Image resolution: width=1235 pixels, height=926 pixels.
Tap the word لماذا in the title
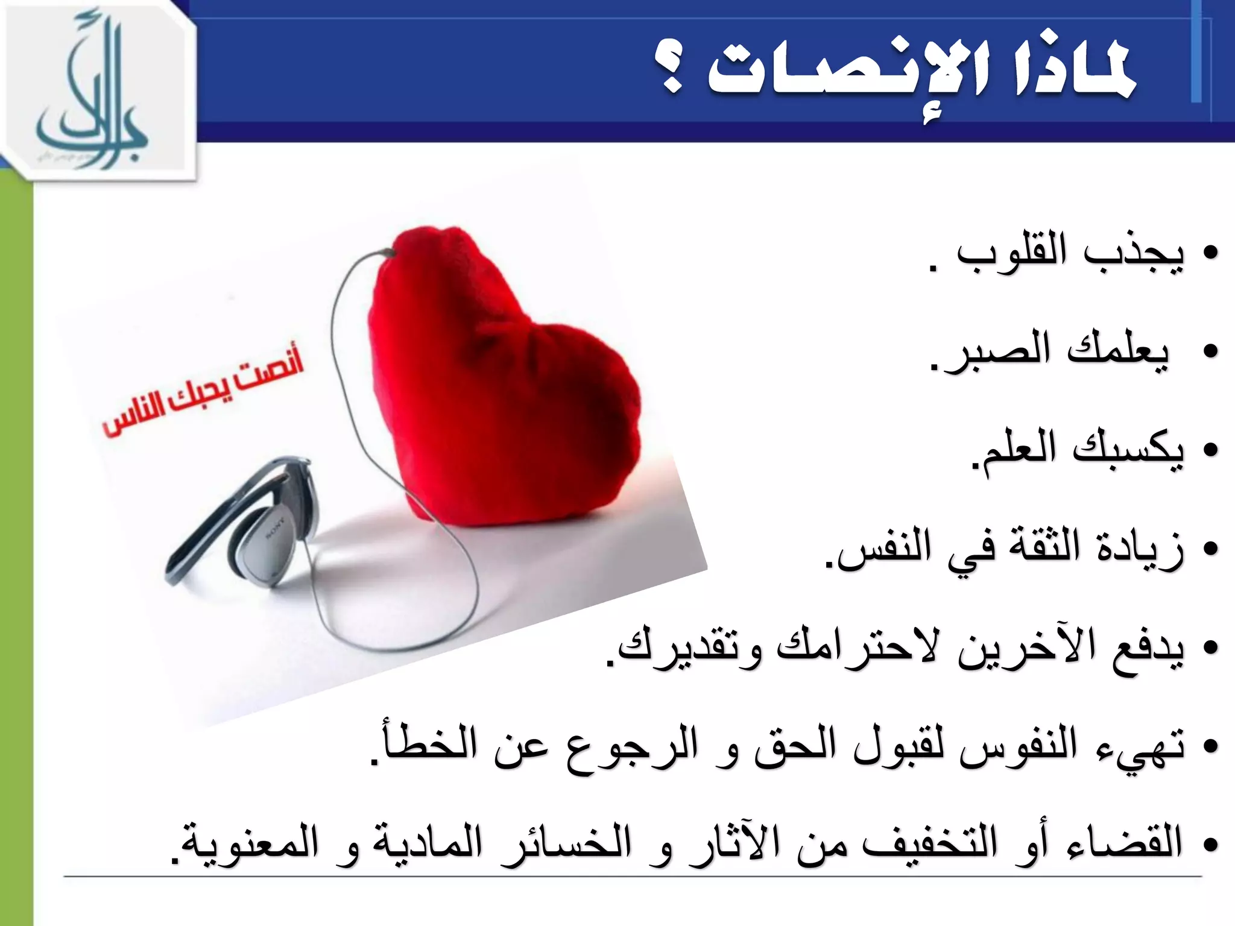coord(1064,75)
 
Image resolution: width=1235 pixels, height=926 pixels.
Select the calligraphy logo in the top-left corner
coord(96,93)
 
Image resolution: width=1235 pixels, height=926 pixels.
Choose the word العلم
coord(1019,450)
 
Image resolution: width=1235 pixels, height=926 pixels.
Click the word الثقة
coord(1047,549)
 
